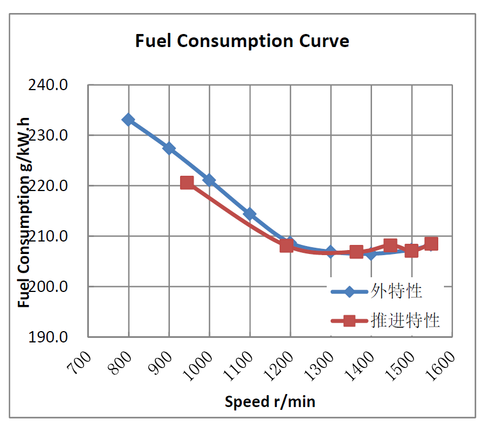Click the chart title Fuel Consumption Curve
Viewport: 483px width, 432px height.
point(242,41)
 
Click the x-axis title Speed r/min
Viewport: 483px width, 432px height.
point(270,402)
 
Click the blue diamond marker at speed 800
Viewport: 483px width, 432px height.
point(129,120)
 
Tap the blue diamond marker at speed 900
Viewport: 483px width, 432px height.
point(169,148)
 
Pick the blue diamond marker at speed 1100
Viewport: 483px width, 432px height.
point(250,214)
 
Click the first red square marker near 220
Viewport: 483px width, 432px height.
point(187,183)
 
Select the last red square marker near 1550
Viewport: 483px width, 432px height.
point(431,244)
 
